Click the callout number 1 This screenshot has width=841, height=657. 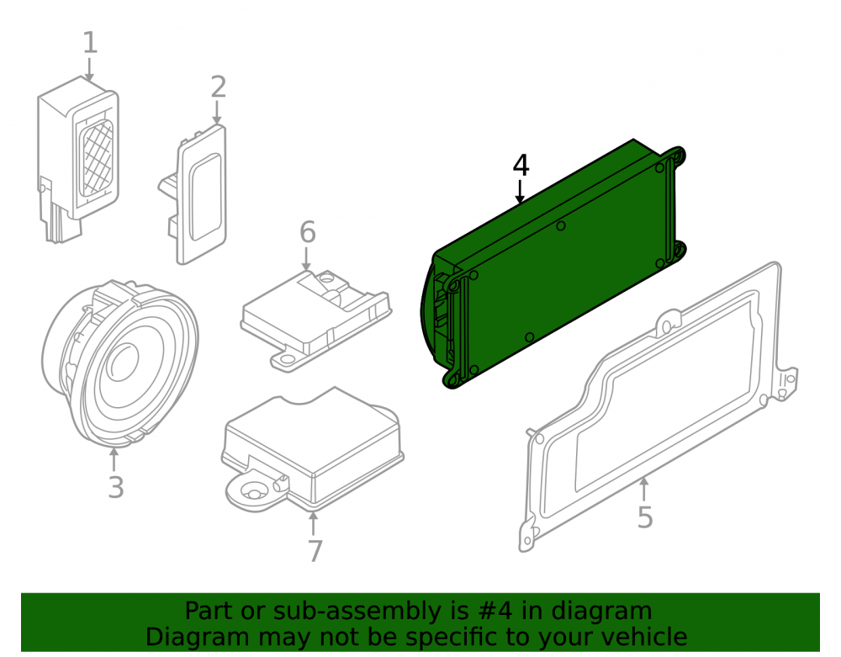(90, 43)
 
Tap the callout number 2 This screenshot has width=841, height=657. (219, 87)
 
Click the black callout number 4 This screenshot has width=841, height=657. (521, 166)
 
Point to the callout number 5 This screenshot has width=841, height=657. (645, 517)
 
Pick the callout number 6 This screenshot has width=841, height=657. (307, 231)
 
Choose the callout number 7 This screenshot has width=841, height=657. (315, 551)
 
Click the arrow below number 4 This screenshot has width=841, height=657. (520, 192)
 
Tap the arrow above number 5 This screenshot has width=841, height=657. (644, 489)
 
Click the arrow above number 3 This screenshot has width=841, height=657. (114, 459)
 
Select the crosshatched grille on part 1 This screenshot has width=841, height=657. (97, 157)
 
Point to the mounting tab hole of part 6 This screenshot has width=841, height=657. (288, 358)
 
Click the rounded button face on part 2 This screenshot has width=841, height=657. (205, 197)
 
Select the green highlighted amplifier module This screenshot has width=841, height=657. (553, 262)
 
